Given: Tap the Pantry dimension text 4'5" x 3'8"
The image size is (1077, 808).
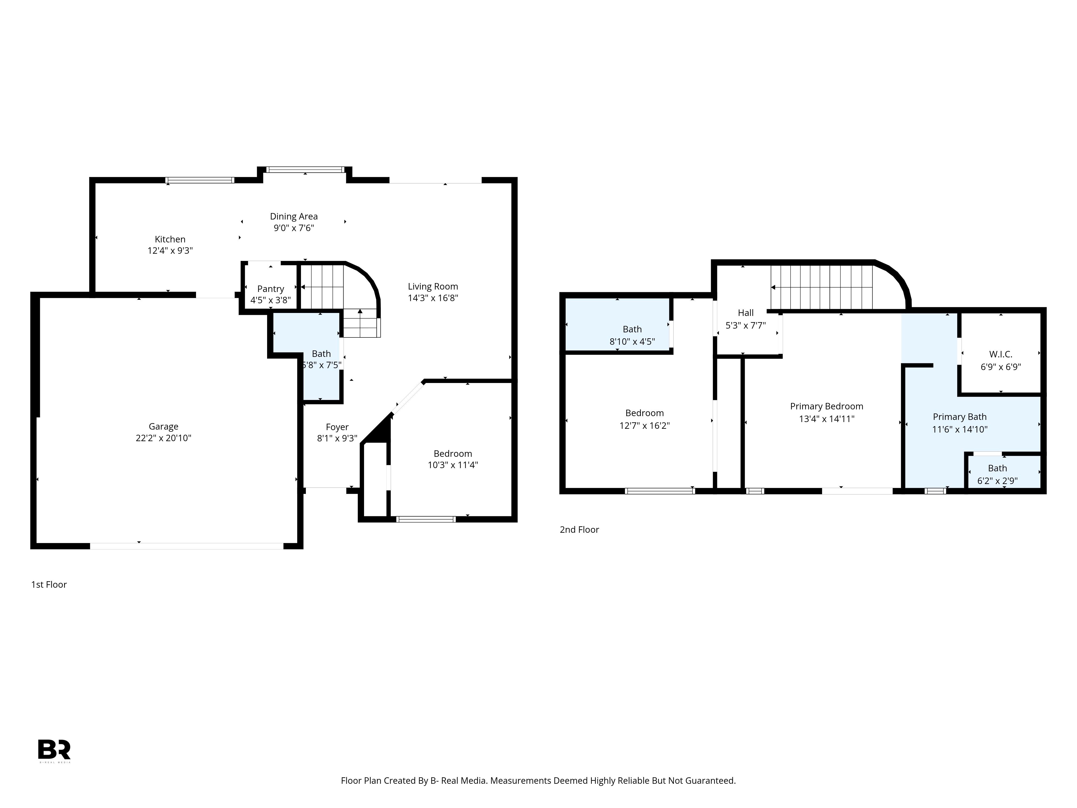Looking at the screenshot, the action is (x=270, y=300).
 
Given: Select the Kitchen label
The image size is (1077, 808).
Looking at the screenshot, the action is (x=170, y=239).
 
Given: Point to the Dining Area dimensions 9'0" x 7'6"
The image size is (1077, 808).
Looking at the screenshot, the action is (x=293, y=228).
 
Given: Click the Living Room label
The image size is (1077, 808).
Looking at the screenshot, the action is (x=433, y=286).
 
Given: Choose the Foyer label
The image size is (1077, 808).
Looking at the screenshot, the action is (x=337, y=427).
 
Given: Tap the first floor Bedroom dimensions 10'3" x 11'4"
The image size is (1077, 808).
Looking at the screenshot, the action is (x=453, y=465).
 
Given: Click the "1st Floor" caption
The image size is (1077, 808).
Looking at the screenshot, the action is (x=49, y=584).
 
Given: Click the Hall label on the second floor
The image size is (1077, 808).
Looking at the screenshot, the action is (x=746, y=313).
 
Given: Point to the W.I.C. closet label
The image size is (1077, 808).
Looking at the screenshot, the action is (x=1001, y=354).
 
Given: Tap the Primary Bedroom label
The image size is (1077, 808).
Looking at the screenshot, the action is (x=826, y=406).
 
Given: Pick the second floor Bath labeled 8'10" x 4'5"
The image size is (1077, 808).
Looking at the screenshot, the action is (x=632, y=335).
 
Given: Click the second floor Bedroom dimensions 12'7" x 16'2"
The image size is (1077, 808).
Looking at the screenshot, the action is (x=644, y=425).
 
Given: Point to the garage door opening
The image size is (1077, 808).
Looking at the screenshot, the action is (x=187, y=546).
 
